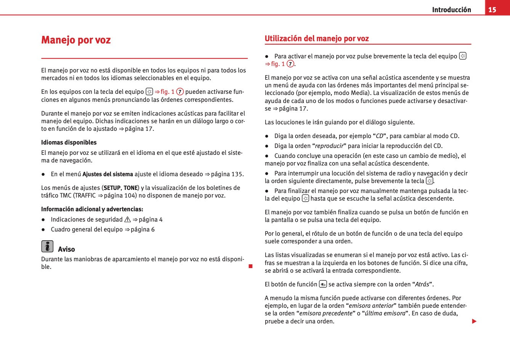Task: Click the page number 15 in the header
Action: tap(492, 10)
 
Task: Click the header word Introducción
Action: tap(451, 10)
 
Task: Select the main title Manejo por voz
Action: tap(76, 40)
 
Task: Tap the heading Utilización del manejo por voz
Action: tap(317, 39)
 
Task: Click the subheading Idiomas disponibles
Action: tap(69, 143)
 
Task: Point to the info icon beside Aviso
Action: tap(47, 246)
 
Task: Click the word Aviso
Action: tap(66, 249)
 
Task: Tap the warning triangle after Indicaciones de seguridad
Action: tap(128, 220)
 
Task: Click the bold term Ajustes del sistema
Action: tap(107, 174)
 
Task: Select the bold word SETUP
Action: tap(112, 188)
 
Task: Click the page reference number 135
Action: tap(237, 174)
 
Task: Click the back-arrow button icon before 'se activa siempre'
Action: tap(323, 284)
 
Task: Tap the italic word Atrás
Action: tap(422, 284)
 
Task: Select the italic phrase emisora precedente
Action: tap(326, 313)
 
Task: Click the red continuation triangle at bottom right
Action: tap(474, 321)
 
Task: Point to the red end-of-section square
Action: tap(250, 266)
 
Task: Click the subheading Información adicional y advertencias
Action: tap(92, 209)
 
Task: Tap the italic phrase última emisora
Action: tap(385, 313)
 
